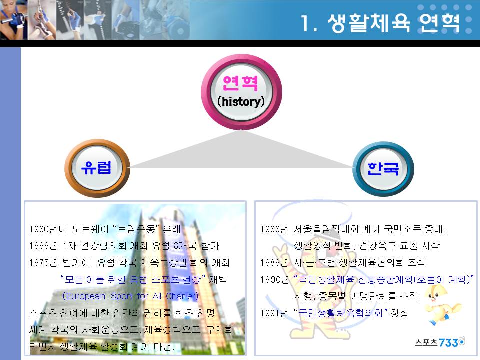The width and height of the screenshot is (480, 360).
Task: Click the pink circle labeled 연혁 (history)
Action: click(x=241, y=92)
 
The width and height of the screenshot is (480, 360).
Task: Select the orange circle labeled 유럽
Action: click(x=97, y=168)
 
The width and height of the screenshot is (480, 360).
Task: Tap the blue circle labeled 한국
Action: click(x=383, y=168)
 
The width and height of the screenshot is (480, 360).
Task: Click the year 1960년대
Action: click(x=48, y=229)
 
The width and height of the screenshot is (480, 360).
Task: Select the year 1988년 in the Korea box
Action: click(x=274, y=229)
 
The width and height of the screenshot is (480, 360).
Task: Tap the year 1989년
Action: click(x=274, y=262)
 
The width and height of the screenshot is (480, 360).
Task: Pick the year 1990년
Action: click(x=274, y=279)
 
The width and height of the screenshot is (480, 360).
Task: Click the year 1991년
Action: click(x=274, y=313)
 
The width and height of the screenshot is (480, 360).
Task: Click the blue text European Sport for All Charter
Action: click(x=130, y=296)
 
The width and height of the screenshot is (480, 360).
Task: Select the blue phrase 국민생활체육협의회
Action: click(x=340, y=313)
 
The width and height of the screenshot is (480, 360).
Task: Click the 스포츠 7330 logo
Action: click(x=439, y=342)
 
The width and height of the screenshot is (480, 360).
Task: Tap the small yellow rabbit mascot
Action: click(x=442, y=305)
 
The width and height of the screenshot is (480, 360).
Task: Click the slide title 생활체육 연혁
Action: click(x=393, y=23)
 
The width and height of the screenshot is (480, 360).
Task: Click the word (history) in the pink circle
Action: click(x=241, y=102)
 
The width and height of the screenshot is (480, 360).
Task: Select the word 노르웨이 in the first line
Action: click(x=90, y=229)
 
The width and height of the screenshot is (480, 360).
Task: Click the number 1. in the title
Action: click(x=309, y=23)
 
